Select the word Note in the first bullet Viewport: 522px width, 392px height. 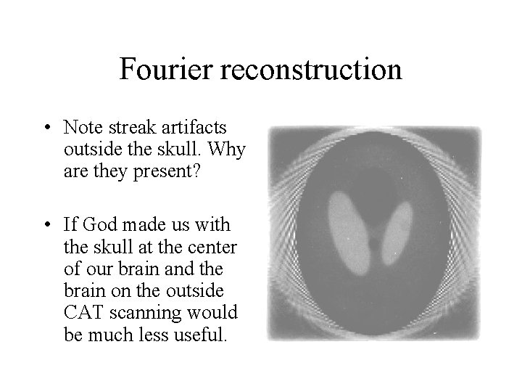(x=80, y=128)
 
